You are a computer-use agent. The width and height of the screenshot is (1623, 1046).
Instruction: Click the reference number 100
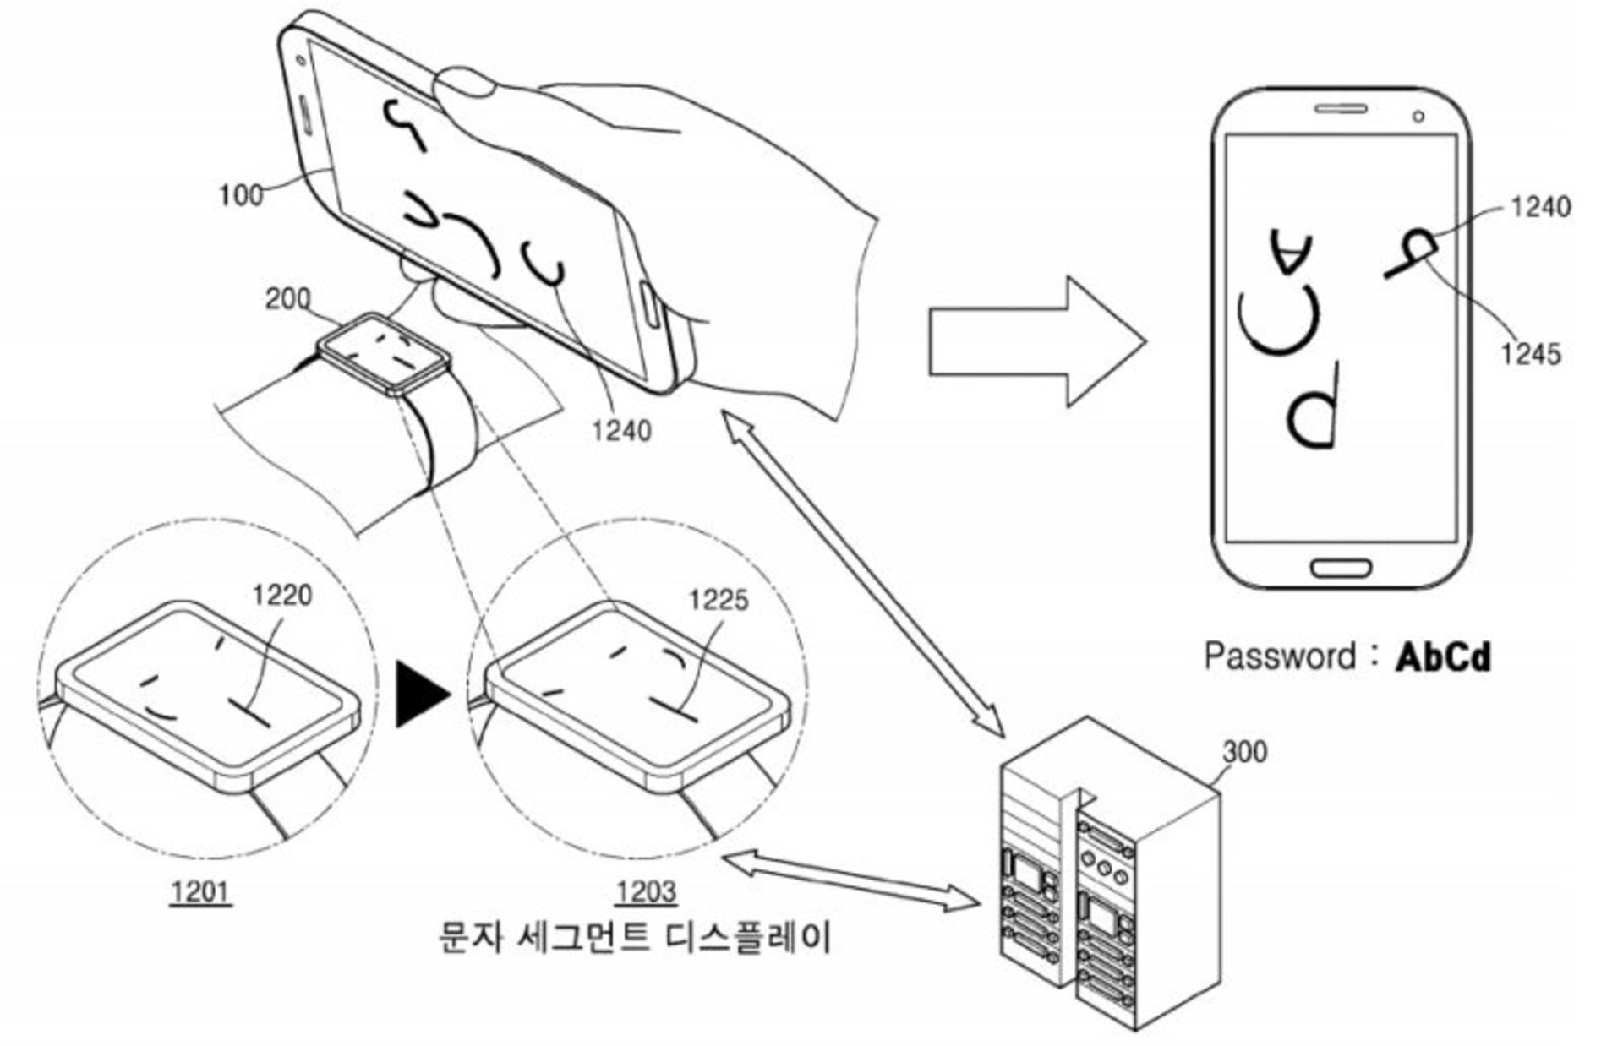240,195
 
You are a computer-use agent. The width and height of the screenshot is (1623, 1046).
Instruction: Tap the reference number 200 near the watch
287,299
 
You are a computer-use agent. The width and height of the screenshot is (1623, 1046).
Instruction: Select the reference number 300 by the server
1244,751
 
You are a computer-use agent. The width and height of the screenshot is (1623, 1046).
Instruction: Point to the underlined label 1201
200,891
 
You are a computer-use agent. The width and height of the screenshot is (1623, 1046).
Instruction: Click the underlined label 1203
646,891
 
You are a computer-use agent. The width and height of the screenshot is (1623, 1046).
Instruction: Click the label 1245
1530,354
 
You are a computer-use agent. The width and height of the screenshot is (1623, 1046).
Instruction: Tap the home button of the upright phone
1341,566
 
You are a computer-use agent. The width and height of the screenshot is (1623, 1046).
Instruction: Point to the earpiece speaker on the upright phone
1340,109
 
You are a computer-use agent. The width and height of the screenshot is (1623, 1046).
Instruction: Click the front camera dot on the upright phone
1418,116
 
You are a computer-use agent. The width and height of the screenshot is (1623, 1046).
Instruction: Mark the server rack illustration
1107,879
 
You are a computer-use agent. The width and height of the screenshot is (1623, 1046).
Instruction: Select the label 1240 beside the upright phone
1540,207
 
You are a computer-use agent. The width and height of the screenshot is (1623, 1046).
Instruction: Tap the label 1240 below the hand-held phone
621,431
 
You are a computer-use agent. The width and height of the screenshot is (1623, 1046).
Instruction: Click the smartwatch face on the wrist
383,353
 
